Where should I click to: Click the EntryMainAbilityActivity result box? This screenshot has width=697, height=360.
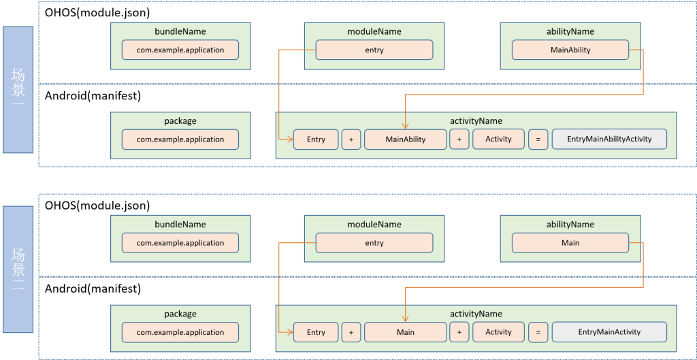click(609, 140)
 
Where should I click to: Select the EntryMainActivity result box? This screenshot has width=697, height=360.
click(609, 332)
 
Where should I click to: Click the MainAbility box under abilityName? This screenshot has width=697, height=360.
click(570, 50)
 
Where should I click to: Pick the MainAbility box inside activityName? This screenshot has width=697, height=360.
click(405, 140)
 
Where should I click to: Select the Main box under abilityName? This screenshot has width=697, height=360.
click(570, 242)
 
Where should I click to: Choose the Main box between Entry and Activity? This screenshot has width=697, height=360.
click(405, 332)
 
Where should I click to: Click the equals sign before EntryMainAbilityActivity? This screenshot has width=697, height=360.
click(537, 140)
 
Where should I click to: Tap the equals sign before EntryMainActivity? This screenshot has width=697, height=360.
click(537, 332)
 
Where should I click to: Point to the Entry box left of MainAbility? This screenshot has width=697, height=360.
click(316, 140)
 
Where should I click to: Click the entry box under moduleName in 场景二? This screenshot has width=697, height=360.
click(374, 242)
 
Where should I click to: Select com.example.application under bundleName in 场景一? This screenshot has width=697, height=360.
click(180, 50)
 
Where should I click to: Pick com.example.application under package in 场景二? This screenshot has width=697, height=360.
click(180, 332)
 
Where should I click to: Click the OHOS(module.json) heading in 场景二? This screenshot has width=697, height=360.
click(97, 206)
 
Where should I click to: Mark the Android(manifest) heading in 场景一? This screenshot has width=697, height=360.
click(93, 96)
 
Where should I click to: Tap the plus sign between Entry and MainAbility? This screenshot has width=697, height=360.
click(351, 140)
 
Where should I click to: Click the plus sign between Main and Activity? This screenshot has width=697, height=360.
click(459, 332)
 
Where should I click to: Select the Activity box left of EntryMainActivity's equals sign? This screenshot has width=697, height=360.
click(498, 332)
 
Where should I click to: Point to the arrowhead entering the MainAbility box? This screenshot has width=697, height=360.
click(406, 126)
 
